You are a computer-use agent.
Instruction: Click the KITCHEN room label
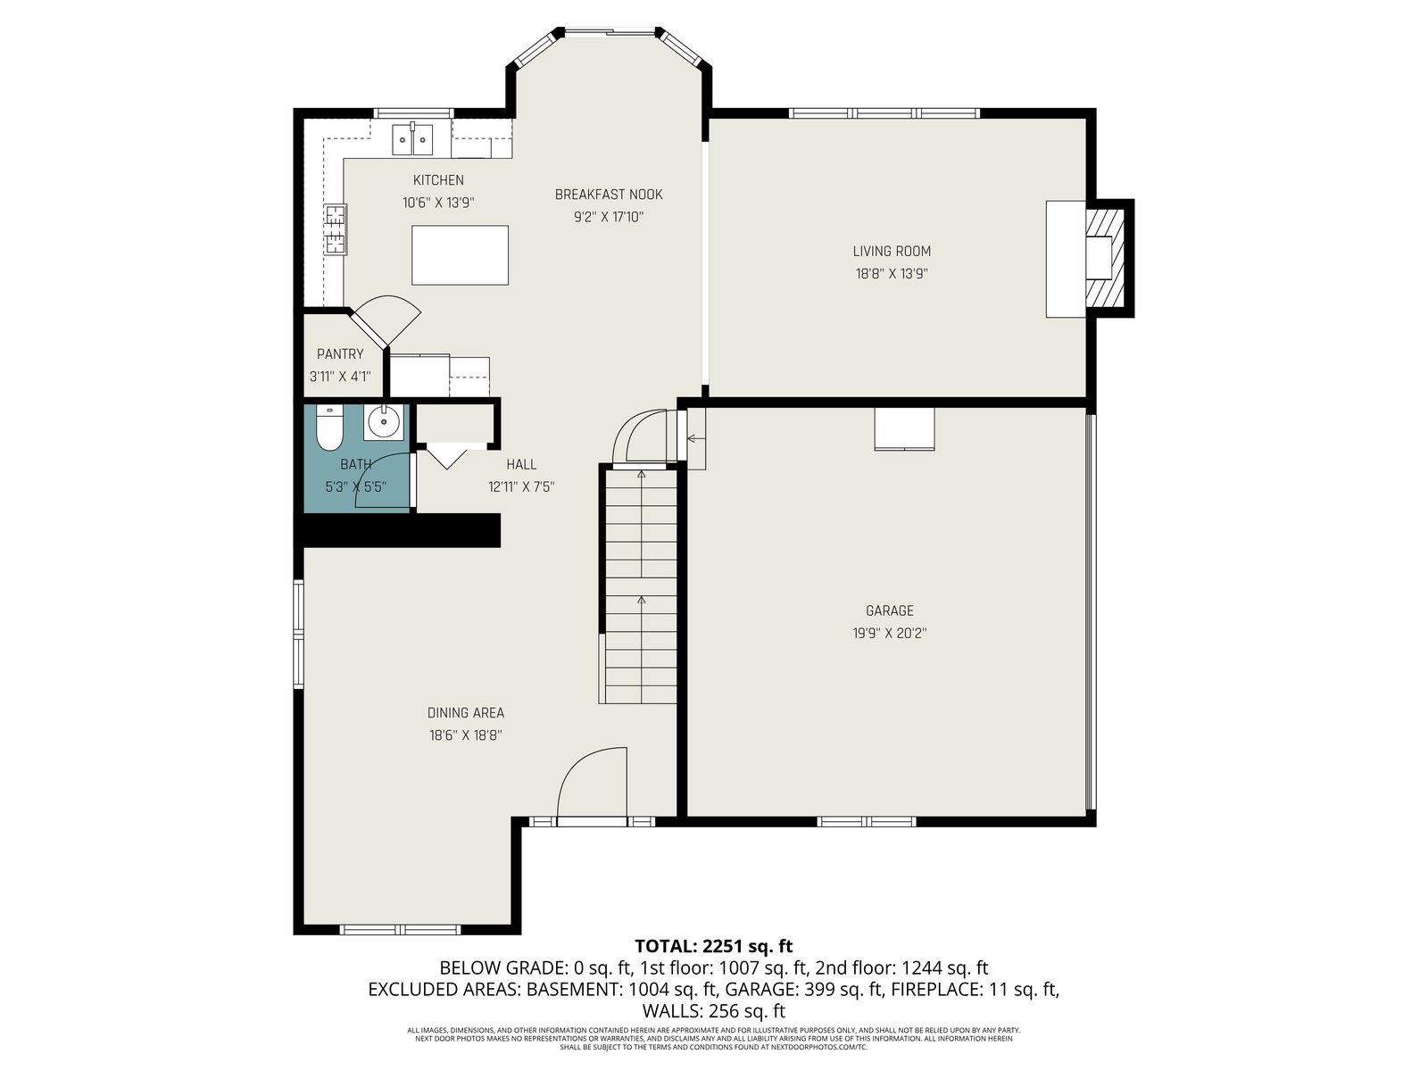pyautogui.click(x=438, y=180)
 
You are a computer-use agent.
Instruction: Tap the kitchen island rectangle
pyautogui.click(x=460, y=255)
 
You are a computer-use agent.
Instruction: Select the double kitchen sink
pyautogui.click(x=412, y=138)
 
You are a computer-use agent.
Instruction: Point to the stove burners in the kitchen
pyautogui.click(x=336, y=228)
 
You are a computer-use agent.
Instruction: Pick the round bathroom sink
pyautogui.click(x=383, y=422)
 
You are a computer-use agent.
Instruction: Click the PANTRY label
pyautogui.click(x=340, y=353)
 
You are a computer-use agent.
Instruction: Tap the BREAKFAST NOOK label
pyautogui.click(x=609, y=195)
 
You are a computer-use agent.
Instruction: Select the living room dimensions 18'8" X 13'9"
pyautogui.click(x=892, y=274)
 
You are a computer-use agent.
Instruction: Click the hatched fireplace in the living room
pyautogui.click(x=1105, y=258)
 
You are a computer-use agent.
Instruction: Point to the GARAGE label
pyautogui.click(x=889, y=610)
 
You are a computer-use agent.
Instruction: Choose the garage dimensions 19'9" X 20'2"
pyautogui.click(x=889, y=634)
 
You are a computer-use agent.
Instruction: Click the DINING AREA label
pyautogui.click(x=465, y=713)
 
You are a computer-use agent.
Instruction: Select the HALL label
pyautogui.click(x=521, y=464)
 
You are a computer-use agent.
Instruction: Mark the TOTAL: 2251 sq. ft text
pyautogui.click(x=714, y=946)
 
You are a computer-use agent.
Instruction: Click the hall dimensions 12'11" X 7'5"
pyautogui.click(x=521, y=487)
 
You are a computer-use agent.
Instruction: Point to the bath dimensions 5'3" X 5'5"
pyautogui.click(x=356, y=487)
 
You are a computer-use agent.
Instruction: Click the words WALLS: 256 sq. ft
pyautogui.click(x=714, y=1011)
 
